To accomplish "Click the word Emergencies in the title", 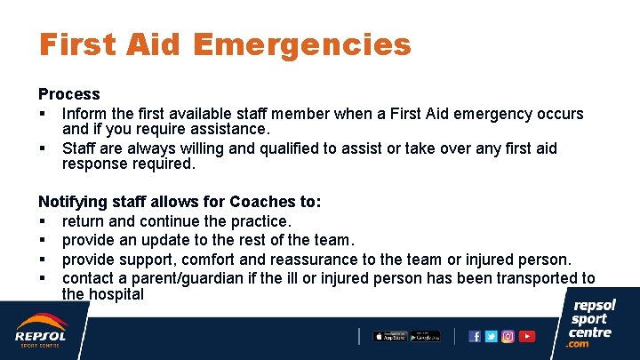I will [301, 44].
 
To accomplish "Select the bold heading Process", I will [69, 94].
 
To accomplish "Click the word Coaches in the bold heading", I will [258, 202].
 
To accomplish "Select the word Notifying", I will [76, 202].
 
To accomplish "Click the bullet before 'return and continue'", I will [42, 221].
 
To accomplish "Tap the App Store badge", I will [388, 336].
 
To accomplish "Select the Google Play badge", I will [425, 336].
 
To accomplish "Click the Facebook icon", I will [475, 336].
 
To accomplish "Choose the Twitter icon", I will [492, 336].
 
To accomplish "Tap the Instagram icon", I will [508, 336].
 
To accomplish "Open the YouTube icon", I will [527, 336].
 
